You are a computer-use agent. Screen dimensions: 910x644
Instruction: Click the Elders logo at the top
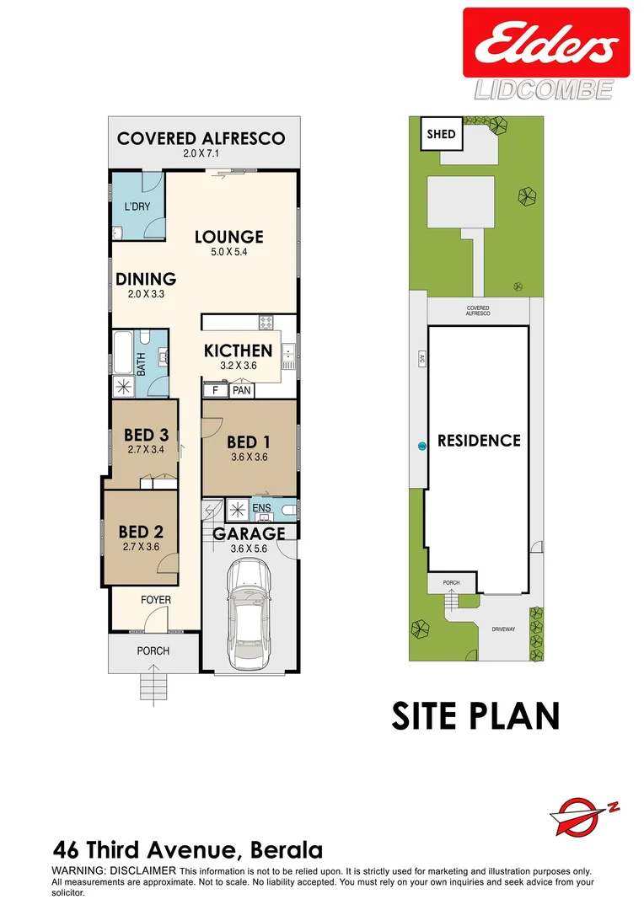[x=545, y=43]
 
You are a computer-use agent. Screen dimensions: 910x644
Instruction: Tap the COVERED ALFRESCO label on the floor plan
[x=201, y=138]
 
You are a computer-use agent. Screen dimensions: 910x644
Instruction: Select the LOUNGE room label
[x=228, y=237]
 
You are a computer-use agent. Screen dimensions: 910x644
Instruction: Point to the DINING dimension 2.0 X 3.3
[x=146, y=294]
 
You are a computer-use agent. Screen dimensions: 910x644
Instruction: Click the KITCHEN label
[x=238, y=351]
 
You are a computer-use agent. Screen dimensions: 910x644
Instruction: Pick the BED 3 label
[x=147, y=435]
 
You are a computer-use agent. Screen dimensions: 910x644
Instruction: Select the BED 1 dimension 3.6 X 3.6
[x=249, y=458]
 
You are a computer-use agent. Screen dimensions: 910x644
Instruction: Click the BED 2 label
[x=140, y=532]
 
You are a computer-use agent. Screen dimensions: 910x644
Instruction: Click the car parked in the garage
[x=249, y=613]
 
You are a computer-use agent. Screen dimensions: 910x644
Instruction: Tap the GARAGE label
[x=248, y=533]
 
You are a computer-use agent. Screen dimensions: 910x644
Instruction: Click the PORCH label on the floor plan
[x=153, y=650]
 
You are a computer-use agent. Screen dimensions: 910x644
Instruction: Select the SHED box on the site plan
[x=441, y=134]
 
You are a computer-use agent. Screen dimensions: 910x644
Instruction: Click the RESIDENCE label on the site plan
[x=478, y=440]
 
